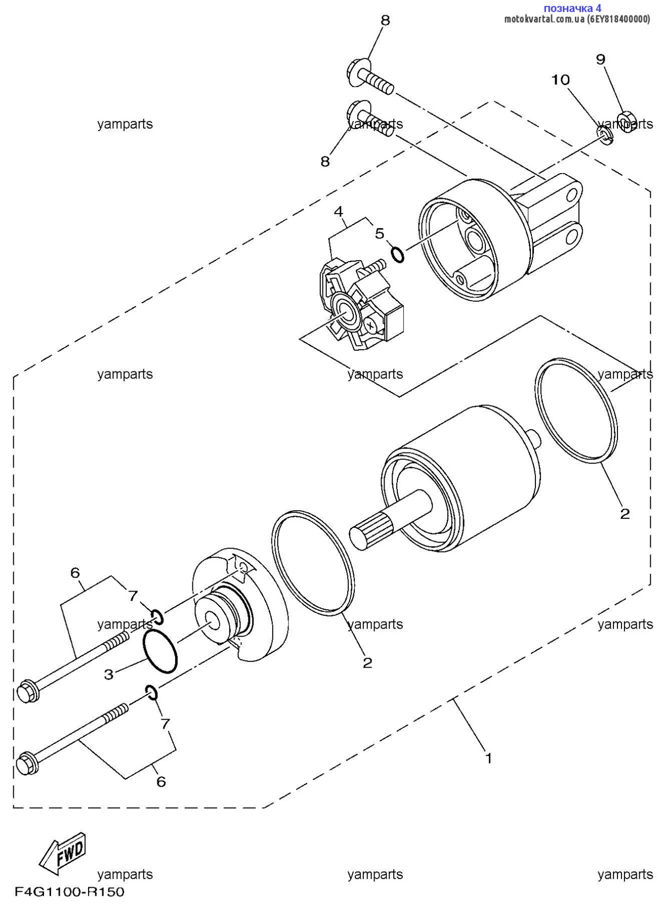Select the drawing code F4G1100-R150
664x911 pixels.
69,892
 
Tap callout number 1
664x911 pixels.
488,758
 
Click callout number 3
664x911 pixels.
109,674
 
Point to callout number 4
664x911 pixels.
339,211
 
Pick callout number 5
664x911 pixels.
380,233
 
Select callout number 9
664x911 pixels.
600,60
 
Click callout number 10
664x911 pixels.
560,80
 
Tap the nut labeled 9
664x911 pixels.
627,121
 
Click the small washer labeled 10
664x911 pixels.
605,135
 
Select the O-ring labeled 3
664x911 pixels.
160,652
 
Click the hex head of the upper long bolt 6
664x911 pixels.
27,691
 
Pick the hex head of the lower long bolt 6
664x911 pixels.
27,763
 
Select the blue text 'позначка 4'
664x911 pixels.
572,8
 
